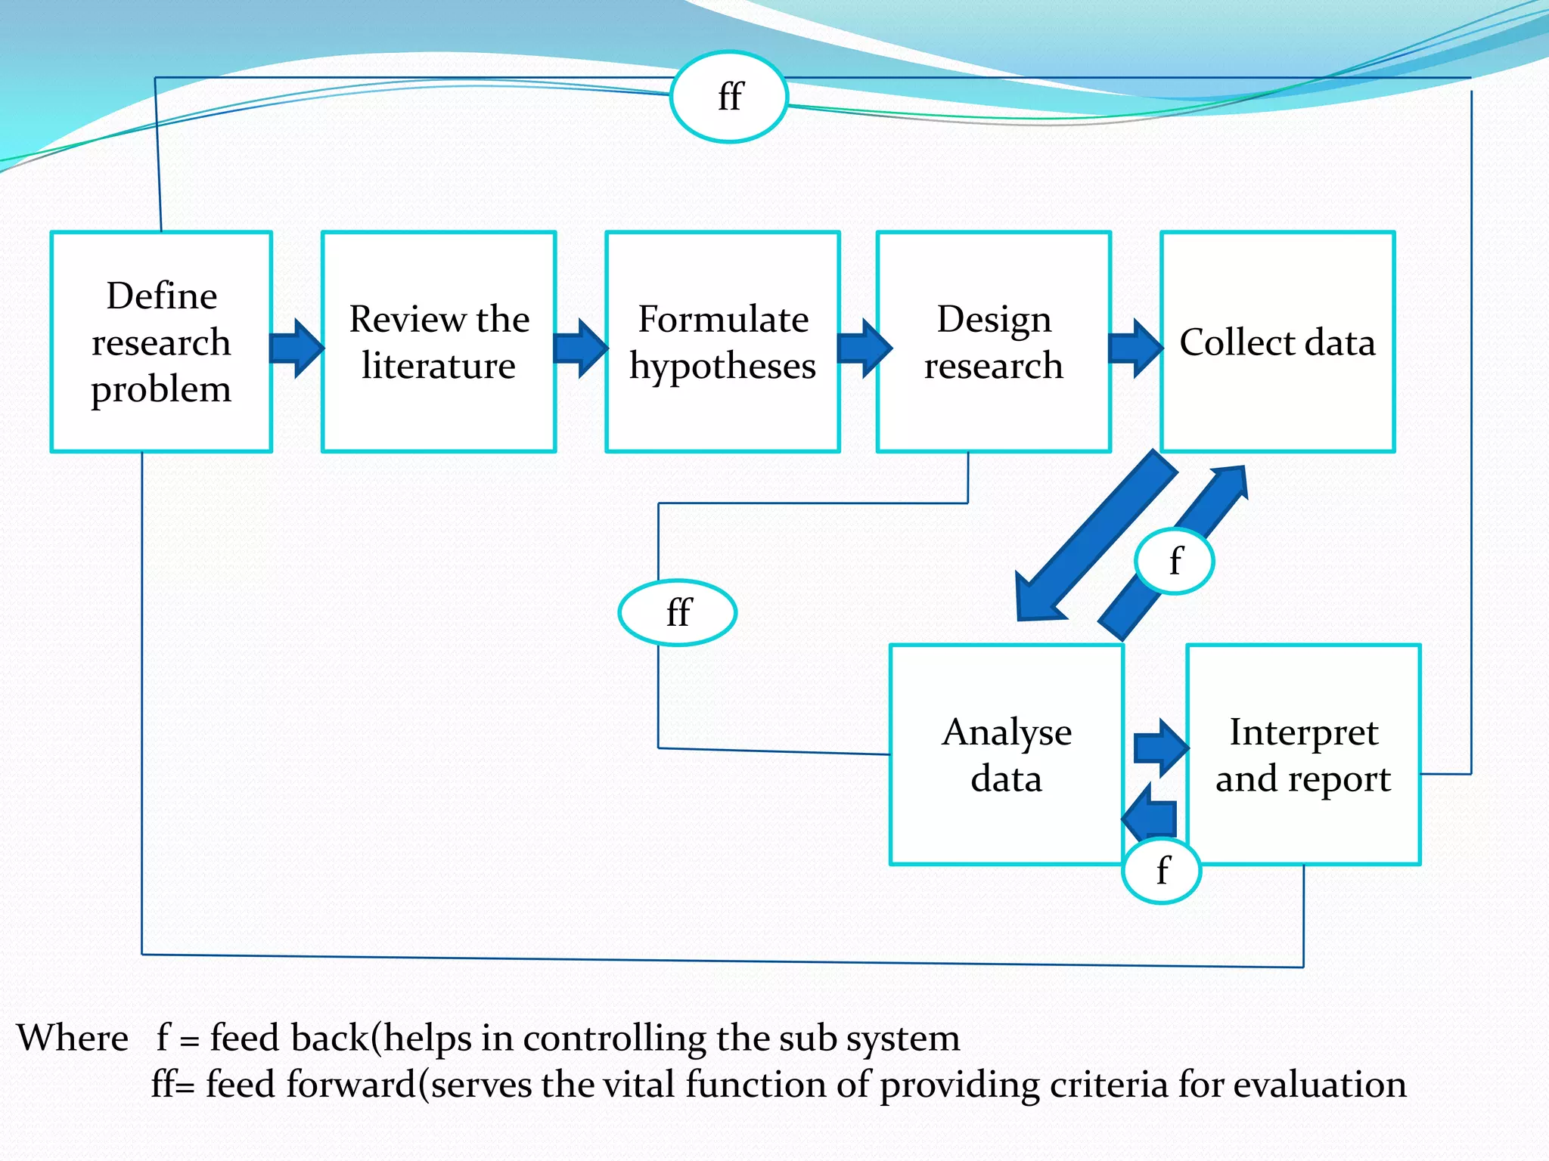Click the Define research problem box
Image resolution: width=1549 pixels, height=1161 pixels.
click(x=161, y=342)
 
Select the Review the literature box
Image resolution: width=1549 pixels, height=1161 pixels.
click(x=439, y=342)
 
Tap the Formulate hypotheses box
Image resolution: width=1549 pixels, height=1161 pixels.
click(x=722, y=342)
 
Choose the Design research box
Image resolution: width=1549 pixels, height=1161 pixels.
click(x=993, y=342)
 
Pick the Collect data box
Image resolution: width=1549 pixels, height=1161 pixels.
click(x=1277, y=342)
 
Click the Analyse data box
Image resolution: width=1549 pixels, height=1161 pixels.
click(x=1006, y=754)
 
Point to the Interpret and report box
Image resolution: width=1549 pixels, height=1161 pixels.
click(x=1303, y=754)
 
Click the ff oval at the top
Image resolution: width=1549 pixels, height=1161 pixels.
click(x=729, y=97)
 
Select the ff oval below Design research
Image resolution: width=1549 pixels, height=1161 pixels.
click(x=678, y=612)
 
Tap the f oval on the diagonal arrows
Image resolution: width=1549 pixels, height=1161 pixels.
click(x=1175, y=561)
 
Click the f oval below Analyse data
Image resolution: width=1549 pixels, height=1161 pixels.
click(x=1163, y=871)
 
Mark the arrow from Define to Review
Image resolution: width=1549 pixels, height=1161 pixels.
click(x=296, y=348)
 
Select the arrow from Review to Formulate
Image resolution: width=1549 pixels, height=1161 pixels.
click(x=580, y=348)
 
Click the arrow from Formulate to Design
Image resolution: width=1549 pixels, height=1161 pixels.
click(x=865, y=348)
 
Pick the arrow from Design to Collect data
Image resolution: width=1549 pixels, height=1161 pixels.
click(x=1135, y=348)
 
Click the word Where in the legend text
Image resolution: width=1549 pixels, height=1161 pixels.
click(x=73, y=1038)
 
